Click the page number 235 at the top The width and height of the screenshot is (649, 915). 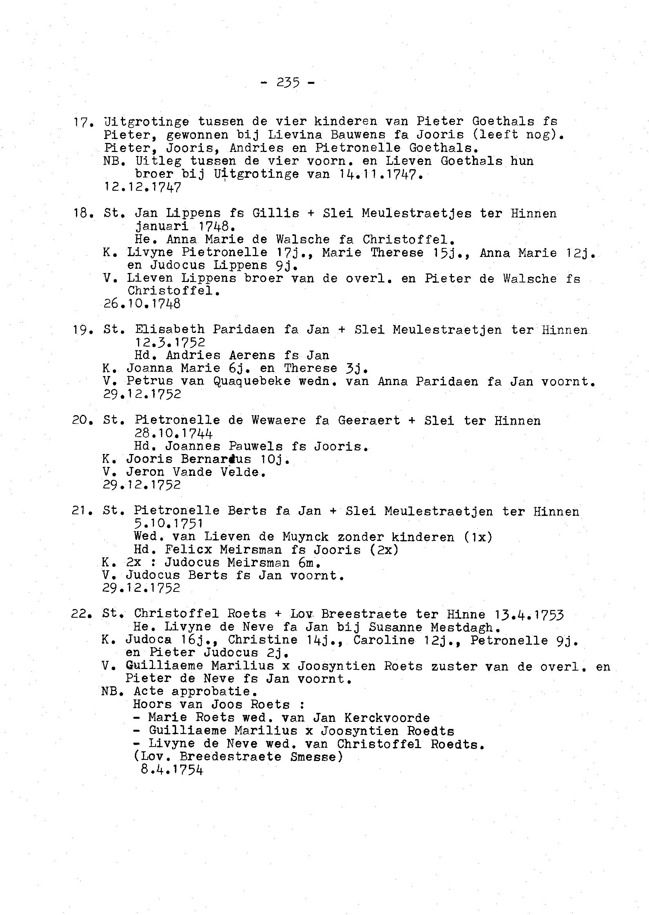[288, 83]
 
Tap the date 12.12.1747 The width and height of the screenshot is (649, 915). [142, 187]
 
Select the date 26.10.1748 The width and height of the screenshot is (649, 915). [142, 304]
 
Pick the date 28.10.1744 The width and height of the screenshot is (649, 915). [174, 433]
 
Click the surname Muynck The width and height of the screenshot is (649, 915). [305, 537]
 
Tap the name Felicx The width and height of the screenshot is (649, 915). [189, 550]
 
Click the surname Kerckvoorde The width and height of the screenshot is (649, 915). [387, 718]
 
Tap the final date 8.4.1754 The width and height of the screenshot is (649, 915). [172, 770]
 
